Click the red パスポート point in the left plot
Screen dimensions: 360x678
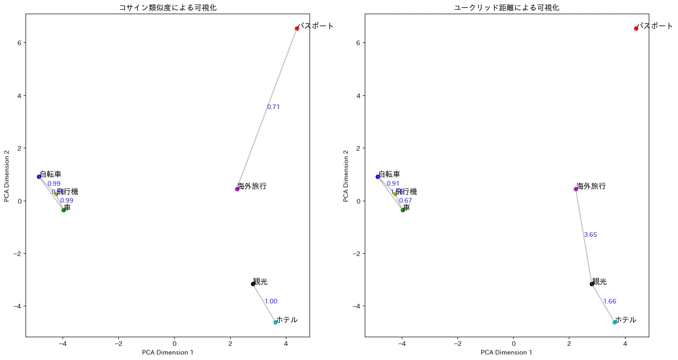click(x=297, y=28)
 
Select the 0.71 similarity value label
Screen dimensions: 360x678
click(x=273, y=107)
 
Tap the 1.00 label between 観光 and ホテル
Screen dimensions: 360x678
click(x=271, y=302)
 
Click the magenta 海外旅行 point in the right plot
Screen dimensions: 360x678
click(x=576, y=189)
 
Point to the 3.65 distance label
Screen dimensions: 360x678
click(x=590, y=235)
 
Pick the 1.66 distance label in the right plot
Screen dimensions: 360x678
click(x=610, y=302)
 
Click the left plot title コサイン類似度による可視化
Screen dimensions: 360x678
click(x=168, y=8)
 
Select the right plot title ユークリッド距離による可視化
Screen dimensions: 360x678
click(x=507, y=8)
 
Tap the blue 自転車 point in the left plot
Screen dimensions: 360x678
click(x=39, y=177)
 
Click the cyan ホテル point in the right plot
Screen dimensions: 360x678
click(x=615, y=322)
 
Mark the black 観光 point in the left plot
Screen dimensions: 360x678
click(x=253, y=284)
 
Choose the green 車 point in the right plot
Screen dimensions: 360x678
click(x=403, y=210)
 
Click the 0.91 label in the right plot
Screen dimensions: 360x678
click(x=393, y=184)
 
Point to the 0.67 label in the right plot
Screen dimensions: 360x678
click(x=405, y=201)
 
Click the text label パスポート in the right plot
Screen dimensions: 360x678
click(x=655, y=26)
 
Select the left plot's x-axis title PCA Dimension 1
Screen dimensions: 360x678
click(x=168, y=352)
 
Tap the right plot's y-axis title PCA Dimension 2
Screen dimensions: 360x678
click(x=346, y=176)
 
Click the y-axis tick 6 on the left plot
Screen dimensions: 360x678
click(x=20, y=43)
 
